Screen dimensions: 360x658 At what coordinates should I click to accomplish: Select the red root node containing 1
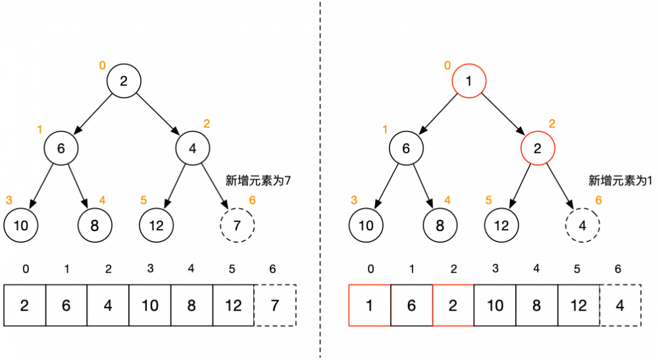(x=468, y=82)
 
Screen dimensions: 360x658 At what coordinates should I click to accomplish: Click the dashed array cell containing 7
(x=276, y=305)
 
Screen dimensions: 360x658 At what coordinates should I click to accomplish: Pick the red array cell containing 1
(x=369, y=305)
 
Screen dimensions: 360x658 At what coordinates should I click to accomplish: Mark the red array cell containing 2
(x=453, y=305)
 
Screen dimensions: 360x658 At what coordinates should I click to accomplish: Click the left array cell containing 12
(x=233, y=305)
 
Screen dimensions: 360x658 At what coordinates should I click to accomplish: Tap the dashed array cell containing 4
(x=620, y=305)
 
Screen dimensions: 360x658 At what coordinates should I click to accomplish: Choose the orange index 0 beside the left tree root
(x=102, y=65)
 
